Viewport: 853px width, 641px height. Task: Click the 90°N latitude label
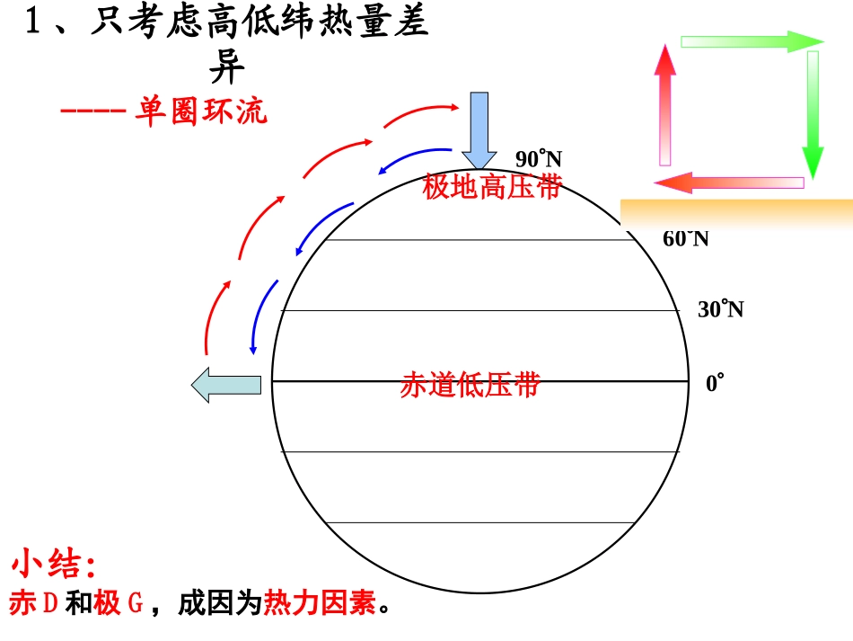pyautogui.click(x=538, y=160)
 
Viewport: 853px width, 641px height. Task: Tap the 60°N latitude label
pyautogui.click(x=685, y=238)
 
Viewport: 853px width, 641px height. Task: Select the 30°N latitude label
pyautogui.click(x=720, y=310)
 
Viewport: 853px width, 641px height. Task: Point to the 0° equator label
pyautogui.click(x=714, y=384)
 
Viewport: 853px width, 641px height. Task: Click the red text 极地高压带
pyautogui.click(x=491, y=187)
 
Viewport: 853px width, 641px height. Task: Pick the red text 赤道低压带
pyautogui.click(x=470, y=385)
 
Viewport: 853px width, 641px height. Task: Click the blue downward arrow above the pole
pyautogui.click(x=479, y=129)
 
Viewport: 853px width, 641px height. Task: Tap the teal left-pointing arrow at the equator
pyautogui.click(x=225, y=385)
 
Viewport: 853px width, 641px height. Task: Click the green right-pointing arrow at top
pyautogui.click(x=752, y=41)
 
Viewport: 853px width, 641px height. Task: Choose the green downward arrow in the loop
pyautogui.click(x=813, y=112)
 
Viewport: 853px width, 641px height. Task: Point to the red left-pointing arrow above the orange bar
pyautogui.click(x=728, y=183)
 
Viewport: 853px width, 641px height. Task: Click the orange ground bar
pyautogui.click(x=736, y=212)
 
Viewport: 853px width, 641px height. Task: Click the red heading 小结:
pyautogui.click(x=54, y=565)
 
